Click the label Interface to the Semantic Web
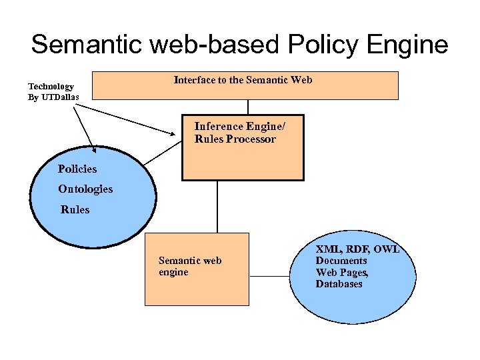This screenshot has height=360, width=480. coord(243,80)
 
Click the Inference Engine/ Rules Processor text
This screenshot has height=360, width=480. coord(235,133)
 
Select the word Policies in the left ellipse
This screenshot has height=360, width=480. coord(77,169)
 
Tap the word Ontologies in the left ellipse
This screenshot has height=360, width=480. coord(85,189)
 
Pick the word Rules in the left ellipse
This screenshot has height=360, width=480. coord(75,209)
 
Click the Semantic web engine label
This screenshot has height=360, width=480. coord(189,266)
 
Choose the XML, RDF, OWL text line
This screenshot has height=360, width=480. coord(357,249)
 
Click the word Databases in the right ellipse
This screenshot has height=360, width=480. coord(339,284)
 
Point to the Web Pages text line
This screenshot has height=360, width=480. coord(342,272)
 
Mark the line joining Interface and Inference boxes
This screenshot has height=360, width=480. coord(248,107)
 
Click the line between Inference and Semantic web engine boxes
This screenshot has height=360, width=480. coord(217,207)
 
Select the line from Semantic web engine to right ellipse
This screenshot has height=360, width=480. coord(269,276)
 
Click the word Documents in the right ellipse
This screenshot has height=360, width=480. coord(341,261)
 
